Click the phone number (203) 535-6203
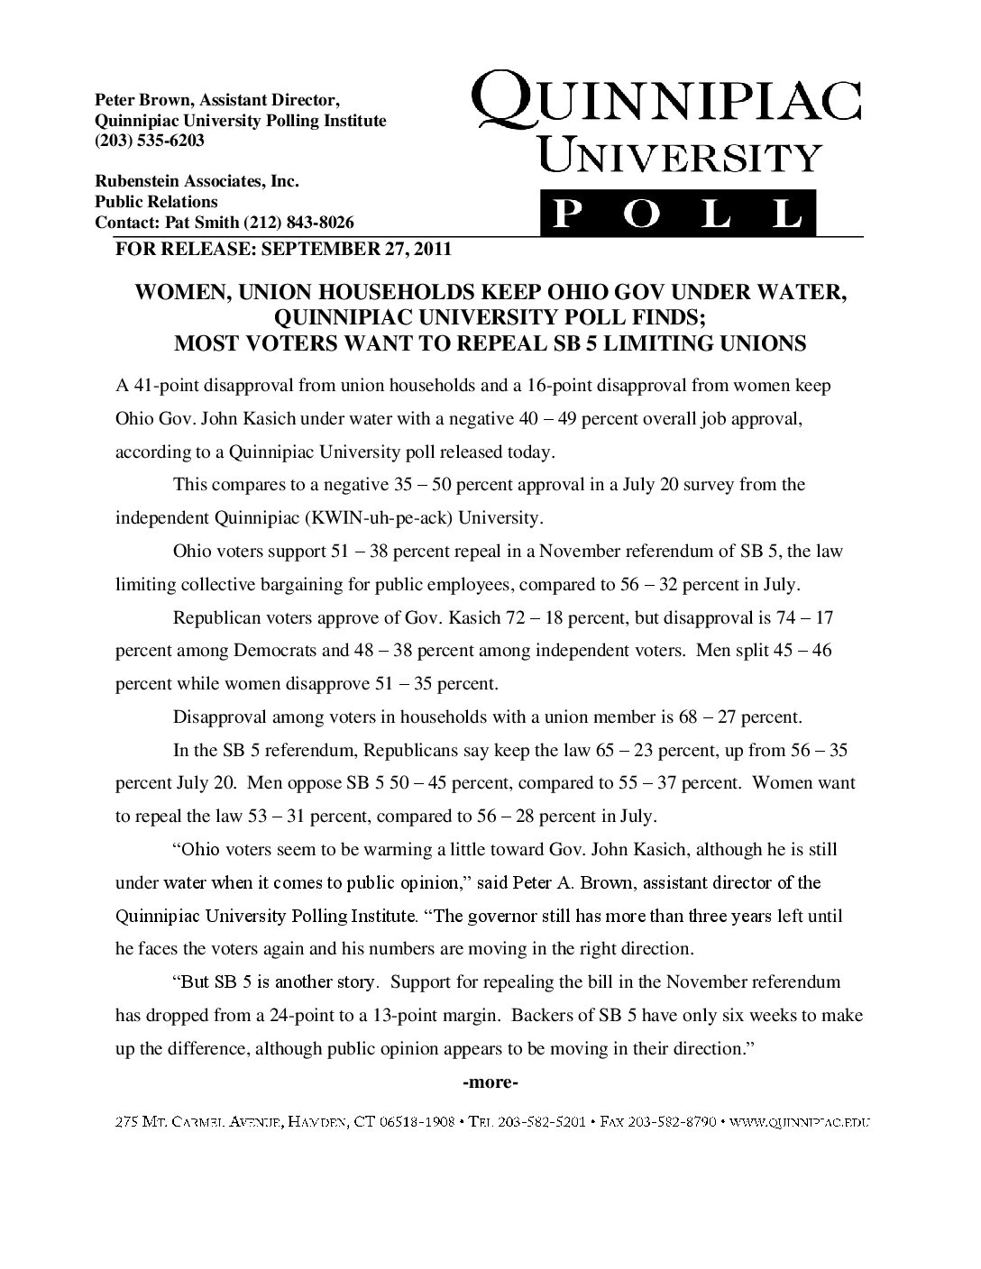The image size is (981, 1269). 150,142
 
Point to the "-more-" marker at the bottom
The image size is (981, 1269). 490,1082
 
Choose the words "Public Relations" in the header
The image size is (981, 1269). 157,202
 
